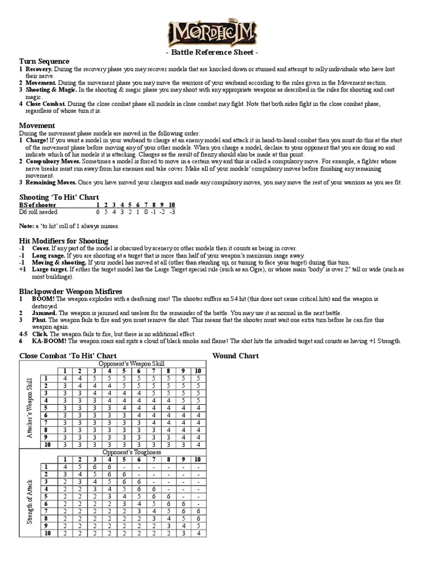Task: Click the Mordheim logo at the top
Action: click(212, 34)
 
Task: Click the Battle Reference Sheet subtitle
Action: click(212, 53)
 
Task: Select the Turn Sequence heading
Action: click(44, 61)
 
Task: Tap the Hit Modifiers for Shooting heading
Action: click(64, 241)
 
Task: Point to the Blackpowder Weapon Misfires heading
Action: click(71, 291)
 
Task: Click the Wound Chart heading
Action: click(236, 355)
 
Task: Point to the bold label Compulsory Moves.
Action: click(53, 161)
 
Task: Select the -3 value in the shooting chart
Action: click(172, 212)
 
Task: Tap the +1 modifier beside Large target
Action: click(22, 269)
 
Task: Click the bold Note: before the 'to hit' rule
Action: click(27, 226)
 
